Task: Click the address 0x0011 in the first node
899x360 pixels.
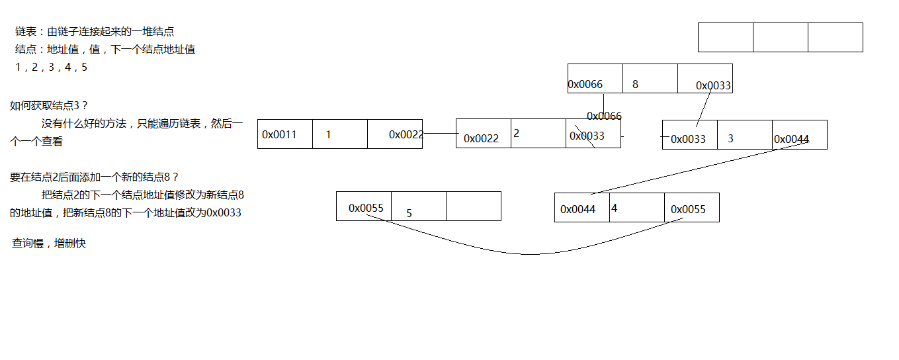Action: click(279, 134)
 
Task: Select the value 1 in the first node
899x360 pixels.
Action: click(328, 134)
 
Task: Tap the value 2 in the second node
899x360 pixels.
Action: click(516, 133)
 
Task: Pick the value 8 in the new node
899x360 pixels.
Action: click(635, 84)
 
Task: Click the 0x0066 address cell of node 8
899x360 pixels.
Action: click(585, 84)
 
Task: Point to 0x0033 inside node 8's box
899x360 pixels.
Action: click(713, 85)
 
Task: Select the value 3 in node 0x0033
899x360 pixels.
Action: click(730, 138)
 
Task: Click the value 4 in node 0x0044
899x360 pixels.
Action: click(614, 208)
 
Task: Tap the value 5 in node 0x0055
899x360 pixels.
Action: click(409, 213)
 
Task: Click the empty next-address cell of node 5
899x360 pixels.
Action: click(473, 206)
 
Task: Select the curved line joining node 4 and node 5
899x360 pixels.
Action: click(529, 253)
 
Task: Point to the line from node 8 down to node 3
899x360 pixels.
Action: click(704, 107)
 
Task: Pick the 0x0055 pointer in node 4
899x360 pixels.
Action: click(688, 209)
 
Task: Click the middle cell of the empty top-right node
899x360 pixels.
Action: click(780, 37)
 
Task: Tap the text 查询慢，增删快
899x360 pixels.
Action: click(49, 244)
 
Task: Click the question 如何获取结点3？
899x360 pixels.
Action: click(49, 105)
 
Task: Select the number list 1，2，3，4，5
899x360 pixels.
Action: click(51, 67)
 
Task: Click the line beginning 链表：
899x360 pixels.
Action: click(95, 31)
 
